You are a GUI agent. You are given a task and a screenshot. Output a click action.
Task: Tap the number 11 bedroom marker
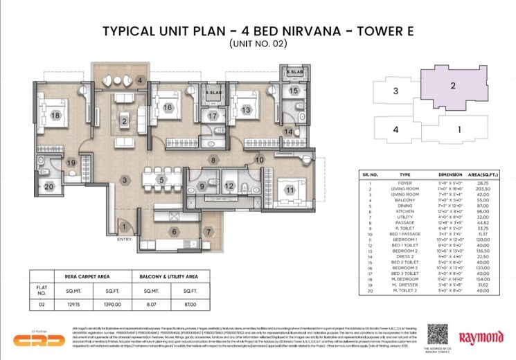pos(290,190)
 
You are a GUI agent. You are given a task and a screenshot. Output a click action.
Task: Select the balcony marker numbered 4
pos(140,80)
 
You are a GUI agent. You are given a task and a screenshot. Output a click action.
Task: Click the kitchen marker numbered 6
pos(175,232)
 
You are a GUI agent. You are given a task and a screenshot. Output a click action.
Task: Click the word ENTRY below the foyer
pos(125,240)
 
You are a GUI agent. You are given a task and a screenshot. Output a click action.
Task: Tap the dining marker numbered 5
pos(161,180)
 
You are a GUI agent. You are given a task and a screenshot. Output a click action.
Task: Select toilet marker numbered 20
pos(48,186)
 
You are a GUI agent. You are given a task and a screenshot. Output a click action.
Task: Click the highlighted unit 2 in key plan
pos(452,86)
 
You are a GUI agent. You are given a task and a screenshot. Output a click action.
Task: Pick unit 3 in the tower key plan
pos(395,91)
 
